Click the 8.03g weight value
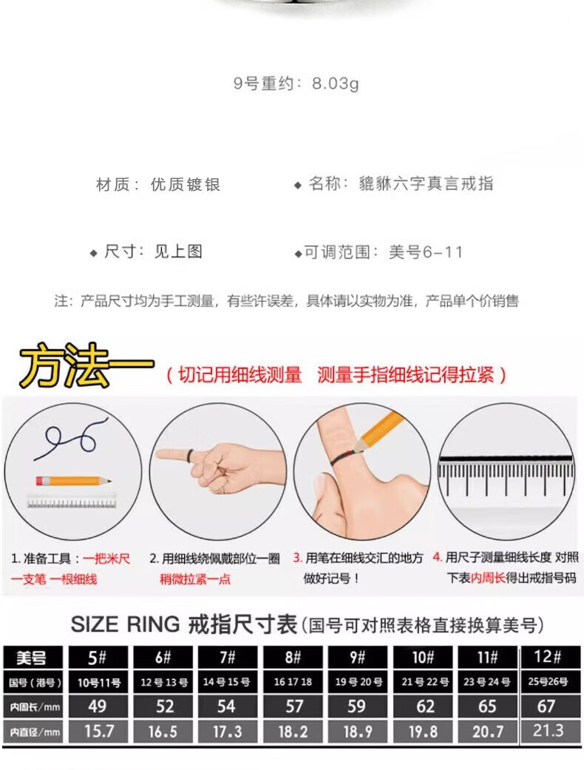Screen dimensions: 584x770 click(336, 84)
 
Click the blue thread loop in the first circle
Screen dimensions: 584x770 click(71, 438)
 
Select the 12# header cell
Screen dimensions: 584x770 click(547, 657)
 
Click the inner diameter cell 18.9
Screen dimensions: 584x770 click(358, 732)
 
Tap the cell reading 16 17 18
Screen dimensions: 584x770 click(293, 681)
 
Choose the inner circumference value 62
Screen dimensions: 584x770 click(424, 706)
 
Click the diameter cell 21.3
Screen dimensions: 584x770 click(547, 731)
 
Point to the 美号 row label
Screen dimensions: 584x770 click(33, 657)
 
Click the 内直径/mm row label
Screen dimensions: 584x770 click(33, 732)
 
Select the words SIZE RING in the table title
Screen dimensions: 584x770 click(125, 624)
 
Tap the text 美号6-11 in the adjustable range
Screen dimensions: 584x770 click(426, 252)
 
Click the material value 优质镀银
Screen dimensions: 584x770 click(186, 185)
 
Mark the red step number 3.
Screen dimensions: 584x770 click(297, 558)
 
